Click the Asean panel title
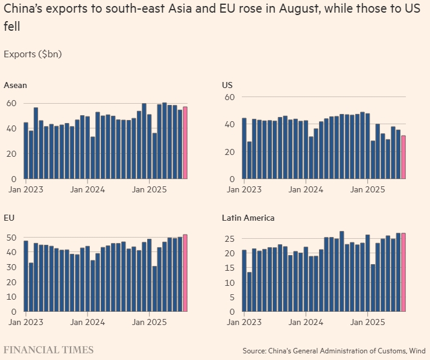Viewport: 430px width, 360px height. click(15, 85)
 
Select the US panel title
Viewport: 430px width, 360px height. click(227, 85)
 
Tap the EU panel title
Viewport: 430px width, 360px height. click(9, 217)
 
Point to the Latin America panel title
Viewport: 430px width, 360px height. click(248, 217)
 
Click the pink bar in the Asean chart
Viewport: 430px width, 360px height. click(185, 143)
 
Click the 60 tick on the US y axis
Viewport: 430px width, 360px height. click(229, 97)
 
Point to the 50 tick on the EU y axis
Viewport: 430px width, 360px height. click(10, 238)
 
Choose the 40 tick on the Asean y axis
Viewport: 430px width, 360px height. click(10, 128)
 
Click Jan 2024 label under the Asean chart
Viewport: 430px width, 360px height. click(87, 189)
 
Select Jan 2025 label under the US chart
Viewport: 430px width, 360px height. click(368, 189)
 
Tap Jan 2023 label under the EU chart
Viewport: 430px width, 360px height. click(25, 322)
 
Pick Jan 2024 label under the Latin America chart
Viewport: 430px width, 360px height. click(306, 322)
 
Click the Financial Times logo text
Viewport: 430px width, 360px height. click(48, 350)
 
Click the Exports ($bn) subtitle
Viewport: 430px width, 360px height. click(33, 54)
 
